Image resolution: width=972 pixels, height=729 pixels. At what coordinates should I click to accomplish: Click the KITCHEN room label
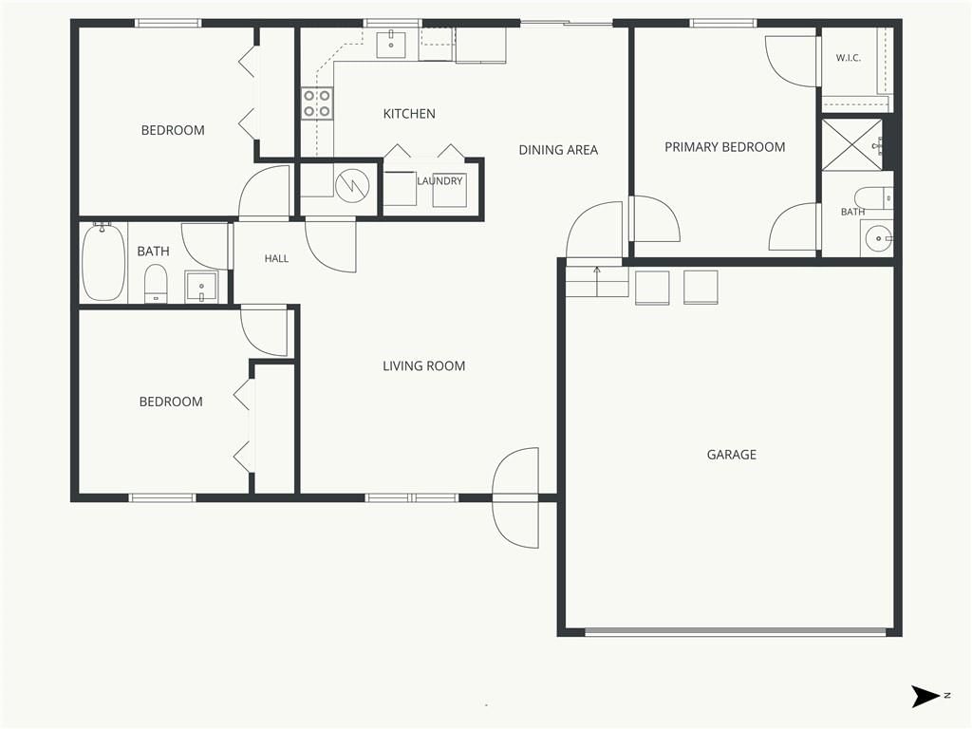tap(409, 114)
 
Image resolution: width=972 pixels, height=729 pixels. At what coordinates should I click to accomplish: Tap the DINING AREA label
tap(558, 149)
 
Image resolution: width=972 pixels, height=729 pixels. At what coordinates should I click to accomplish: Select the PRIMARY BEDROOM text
tap(724, 147)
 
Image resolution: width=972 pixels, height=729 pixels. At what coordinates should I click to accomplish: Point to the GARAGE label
tap(732, 455)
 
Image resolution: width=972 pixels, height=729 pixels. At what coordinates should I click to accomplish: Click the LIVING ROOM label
tap(424, 365)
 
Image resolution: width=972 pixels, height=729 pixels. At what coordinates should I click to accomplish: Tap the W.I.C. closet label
tap(848, 58)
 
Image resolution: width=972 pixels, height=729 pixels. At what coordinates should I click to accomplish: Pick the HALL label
tap(276, 258)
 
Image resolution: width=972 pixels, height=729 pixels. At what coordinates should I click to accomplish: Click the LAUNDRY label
tap(439, 180)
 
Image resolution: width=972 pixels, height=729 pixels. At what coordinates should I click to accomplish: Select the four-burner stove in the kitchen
tap(317, 103)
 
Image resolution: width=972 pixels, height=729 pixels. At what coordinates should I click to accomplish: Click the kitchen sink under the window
tap(391, 44)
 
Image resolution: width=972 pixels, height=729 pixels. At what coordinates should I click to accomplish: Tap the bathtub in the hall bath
tap(103, 263)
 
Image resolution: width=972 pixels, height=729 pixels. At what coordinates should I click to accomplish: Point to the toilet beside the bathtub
tap(156, 283)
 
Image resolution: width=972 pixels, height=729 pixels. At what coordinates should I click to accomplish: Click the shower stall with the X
tap(851, 144)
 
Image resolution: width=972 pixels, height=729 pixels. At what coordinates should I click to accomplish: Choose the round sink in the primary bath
tap(878, 238)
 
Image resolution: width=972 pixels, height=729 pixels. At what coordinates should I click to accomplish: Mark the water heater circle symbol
tap(352, 185)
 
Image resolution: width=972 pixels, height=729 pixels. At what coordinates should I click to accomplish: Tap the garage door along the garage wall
tap(736, 631)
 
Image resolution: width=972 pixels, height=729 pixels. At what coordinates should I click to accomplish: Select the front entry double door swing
tap(515, 497)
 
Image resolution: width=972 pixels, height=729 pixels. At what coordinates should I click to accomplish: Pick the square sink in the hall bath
tap(201, 287)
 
